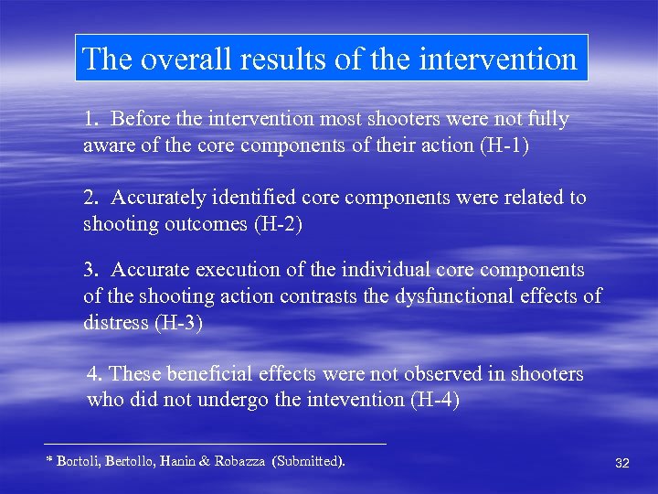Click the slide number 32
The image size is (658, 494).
(622, 464)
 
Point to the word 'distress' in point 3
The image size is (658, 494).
(116, 322)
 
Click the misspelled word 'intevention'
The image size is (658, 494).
(346, 400)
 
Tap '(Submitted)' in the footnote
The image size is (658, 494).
(308, 461)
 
